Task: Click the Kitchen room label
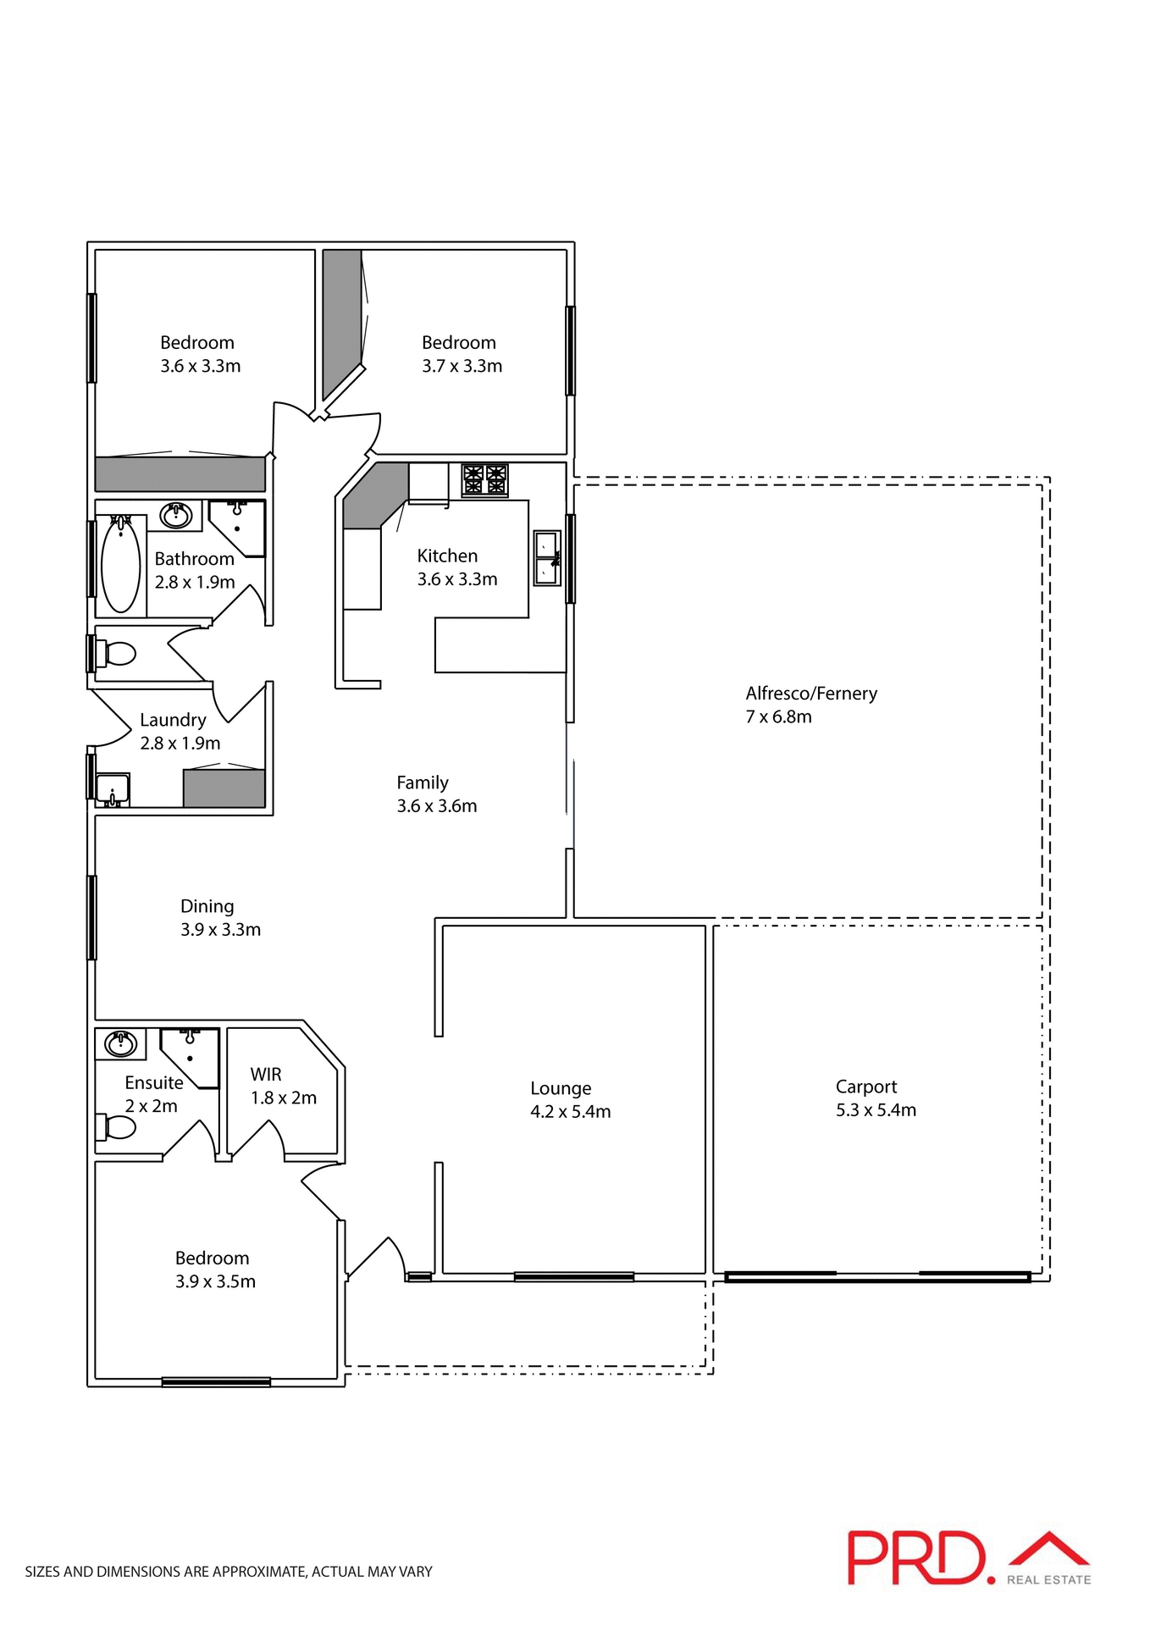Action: coord(447,556)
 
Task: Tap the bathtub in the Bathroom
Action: coord(121,565)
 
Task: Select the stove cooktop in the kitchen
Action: coord(484,479)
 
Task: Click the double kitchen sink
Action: coord(547,558)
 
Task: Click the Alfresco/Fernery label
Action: coord(810,693)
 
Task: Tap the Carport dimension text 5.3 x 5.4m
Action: coord(876,1109)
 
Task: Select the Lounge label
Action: coord(561,1088)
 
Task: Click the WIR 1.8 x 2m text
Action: coord(283,1087)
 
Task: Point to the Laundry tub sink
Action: coord(113,789)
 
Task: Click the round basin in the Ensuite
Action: coord(121,1043)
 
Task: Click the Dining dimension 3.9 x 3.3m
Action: coord(220,929)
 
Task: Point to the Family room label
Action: coord(423,783)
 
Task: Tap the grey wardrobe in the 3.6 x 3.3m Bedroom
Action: coord(180,474)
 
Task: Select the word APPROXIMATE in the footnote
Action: coord(257,1572)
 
